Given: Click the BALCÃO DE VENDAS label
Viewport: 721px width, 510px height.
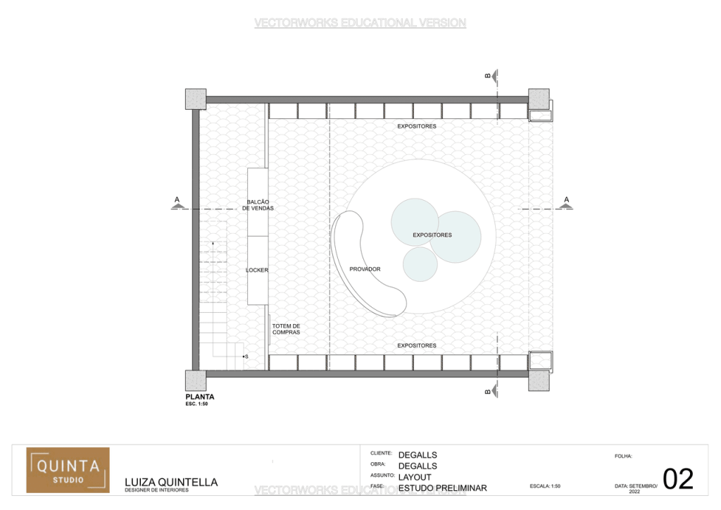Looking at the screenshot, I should (x=258, y=205).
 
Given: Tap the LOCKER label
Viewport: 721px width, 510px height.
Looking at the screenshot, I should (x=257, y=270).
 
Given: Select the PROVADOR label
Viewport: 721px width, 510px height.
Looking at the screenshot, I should (x=365, y=269).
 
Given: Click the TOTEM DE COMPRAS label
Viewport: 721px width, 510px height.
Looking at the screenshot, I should (x=286, y=329).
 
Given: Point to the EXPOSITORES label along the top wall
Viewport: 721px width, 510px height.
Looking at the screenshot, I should (x=416, y=126).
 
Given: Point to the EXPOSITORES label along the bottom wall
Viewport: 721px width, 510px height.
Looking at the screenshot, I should (x=416, y=346).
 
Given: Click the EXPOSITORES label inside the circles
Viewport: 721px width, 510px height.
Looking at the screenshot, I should (x=432, y=235).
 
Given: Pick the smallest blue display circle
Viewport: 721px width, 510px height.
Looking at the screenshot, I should (x=420, y=263).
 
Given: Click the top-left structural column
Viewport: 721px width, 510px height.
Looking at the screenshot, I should (x=195, y=99).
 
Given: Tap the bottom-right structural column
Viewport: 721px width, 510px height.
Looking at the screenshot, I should (x=539, y=380).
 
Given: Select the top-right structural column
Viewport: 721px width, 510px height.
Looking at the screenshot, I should (x=539, y=99).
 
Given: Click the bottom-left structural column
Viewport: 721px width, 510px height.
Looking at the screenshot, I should (x=195, y=380).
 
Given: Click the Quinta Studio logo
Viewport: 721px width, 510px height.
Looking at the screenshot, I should (x=68, y=469).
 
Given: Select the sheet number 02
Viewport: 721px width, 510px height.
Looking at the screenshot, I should (x=678, y=479).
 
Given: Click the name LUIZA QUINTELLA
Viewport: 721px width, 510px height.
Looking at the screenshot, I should (x=171, y=483).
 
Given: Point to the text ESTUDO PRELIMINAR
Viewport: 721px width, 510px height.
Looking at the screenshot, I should (x=442, y=487).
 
